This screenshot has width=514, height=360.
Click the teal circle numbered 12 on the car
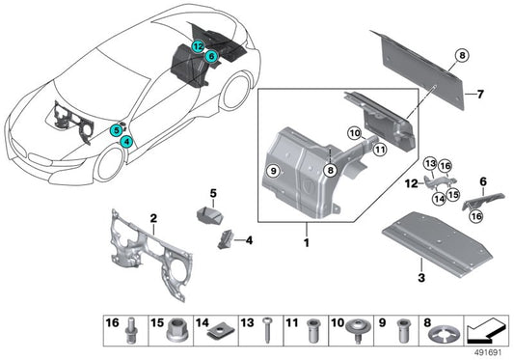coord(197,45)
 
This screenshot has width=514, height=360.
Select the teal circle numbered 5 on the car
coord(116,128)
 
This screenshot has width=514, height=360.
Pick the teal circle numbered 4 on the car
coord(126,141)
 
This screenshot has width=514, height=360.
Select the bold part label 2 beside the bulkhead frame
coord(153,218)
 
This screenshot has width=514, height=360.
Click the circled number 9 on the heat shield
coord(273,172)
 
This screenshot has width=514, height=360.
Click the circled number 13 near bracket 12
coord(431,162)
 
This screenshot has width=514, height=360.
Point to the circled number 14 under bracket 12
coord(439,198)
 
